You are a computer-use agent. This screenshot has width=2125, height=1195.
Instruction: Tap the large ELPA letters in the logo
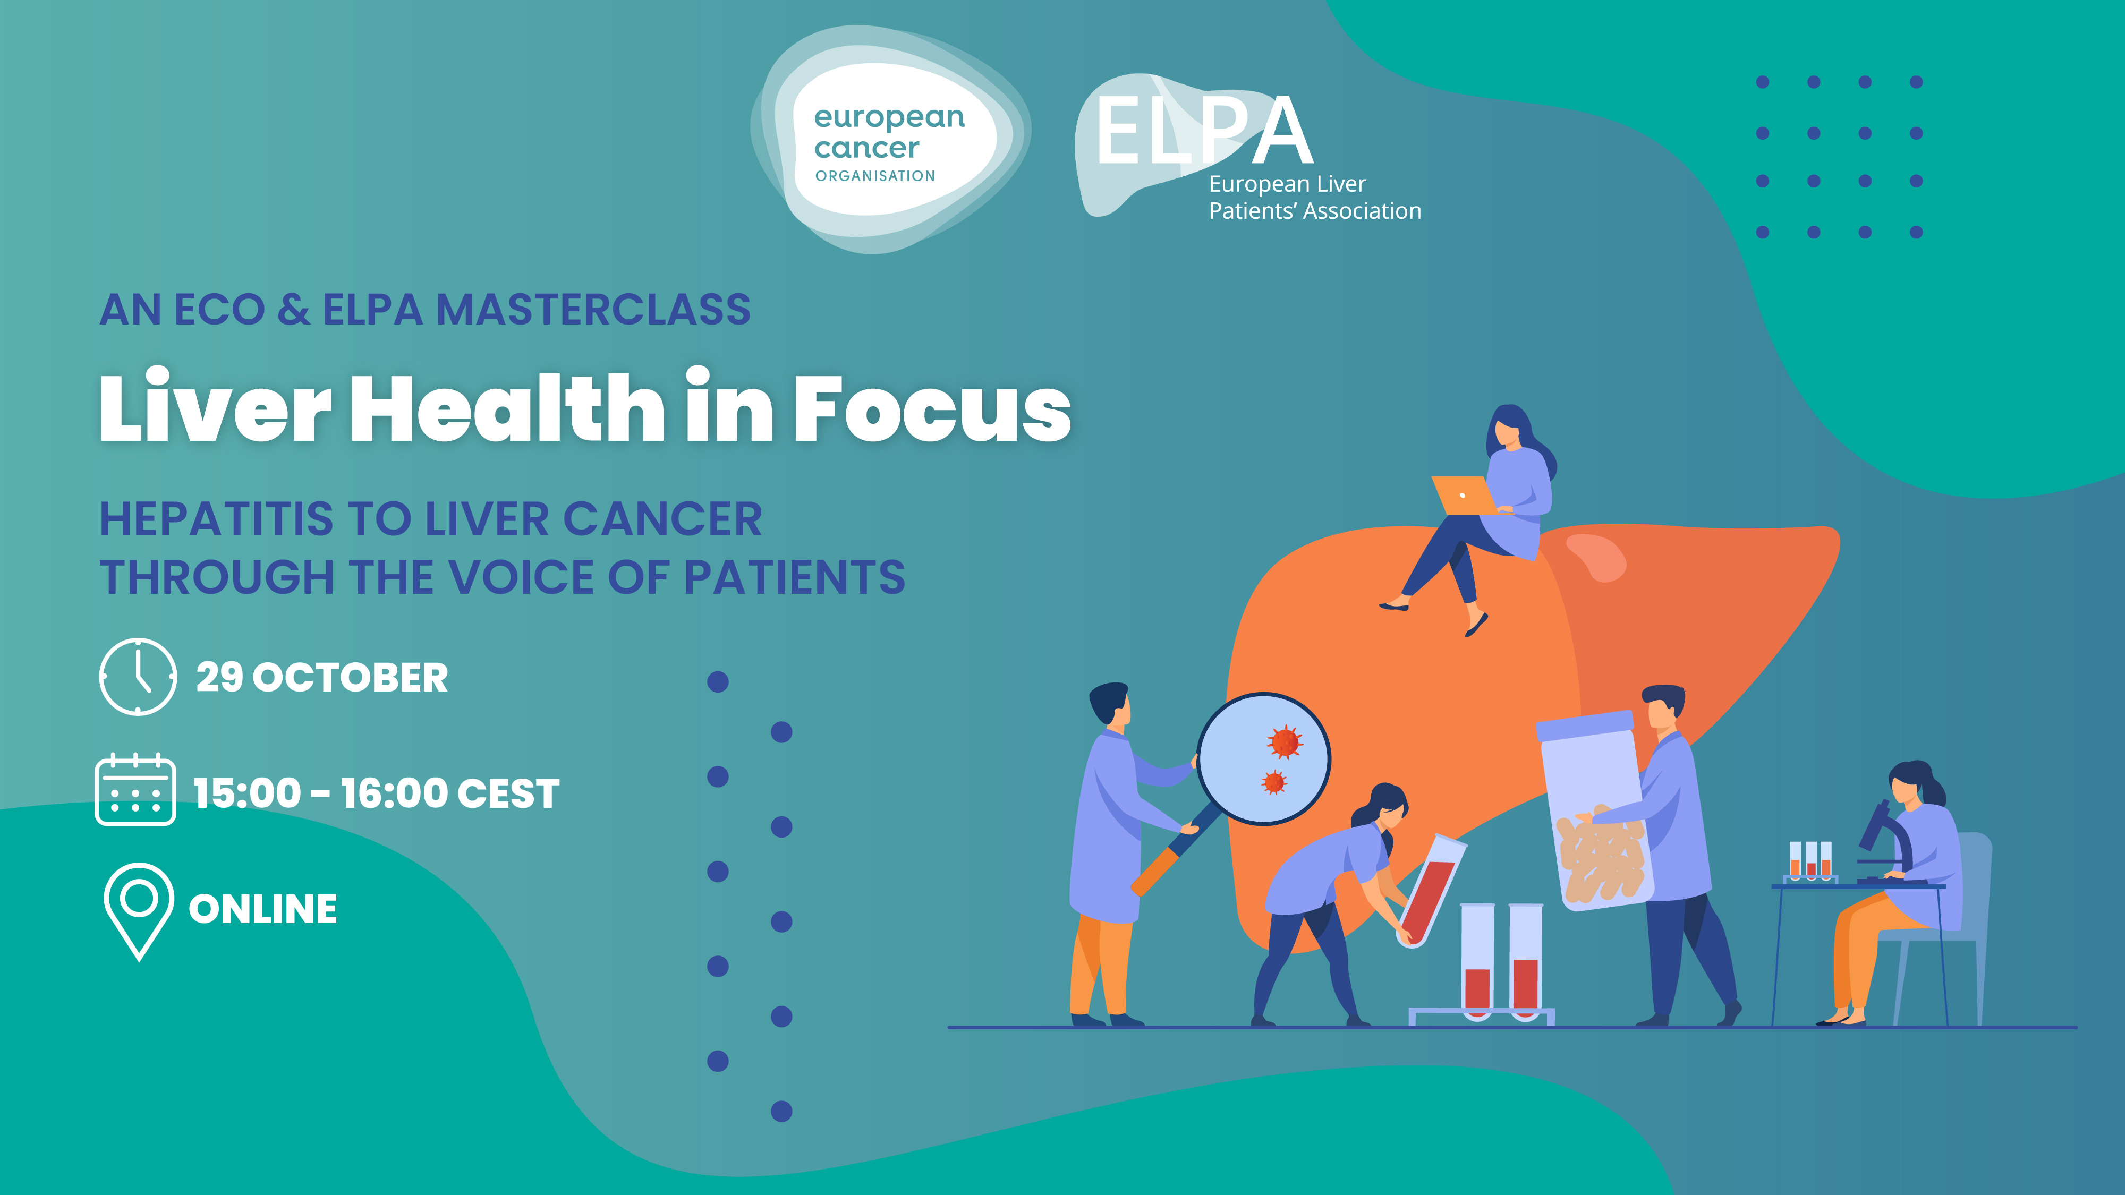[1204, 130]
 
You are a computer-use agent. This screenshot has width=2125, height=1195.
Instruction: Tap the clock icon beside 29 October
[138, 676]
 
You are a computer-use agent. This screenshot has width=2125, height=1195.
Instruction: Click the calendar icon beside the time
[135, 789]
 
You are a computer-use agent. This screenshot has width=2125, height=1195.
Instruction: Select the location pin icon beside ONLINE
[139, 911]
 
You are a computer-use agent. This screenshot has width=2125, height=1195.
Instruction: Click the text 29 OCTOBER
[322, 678]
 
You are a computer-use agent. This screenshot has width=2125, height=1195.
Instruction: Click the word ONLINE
[263, 910]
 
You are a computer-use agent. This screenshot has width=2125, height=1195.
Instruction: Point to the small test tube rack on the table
[1810, 863]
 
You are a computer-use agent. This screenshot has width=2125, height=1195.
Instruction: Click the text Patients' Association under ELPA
[1315, 211]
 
